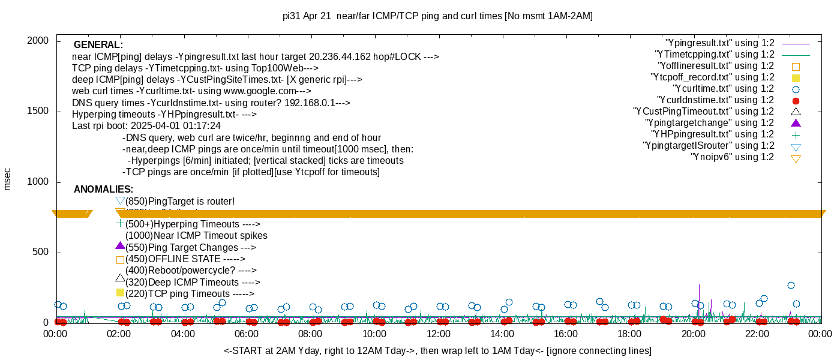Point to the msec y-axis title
(x=8, y=179)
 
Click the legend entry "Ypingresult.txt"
(x=719, y=43)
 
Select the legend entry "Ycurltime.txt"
(x=724, y=89)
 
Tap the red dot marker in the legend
(x=796, y=101)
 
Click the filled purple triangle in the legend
(x=796, y=123)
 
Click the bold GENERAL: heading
(x=98, y=45)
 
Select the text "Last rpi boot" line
(x=146, y=126)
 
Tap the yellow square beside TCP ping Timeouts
(x=120, y=293)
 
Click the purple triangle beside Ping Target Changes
(x=120, y=246)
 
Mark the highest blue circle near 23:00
(x=791, y=286)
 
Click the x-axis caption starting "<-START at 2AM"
(x=437, y=350)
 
